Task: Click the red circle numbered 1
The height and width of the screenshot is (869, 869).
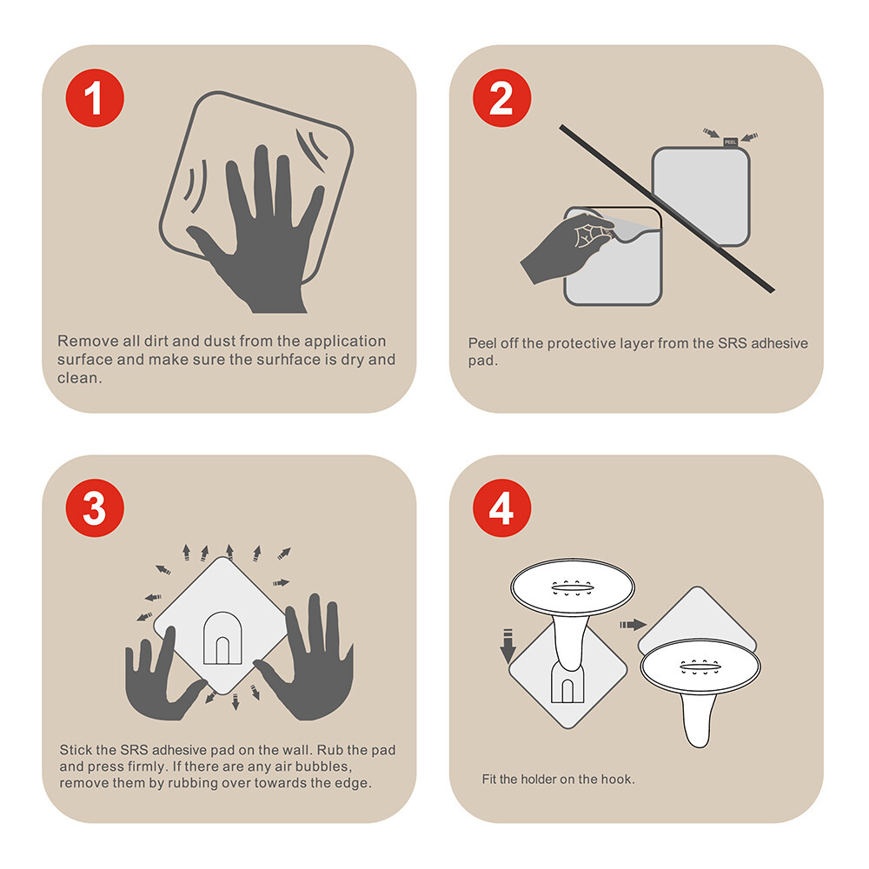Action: tap(95, 98)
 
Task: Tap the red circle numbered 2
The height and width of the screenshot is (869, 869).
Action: tap(501, 98)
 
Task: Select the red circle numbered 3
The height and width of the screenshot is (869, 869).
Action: tap(95, 507)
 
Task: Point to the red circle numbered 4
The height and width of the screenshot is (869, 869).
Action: tap(501, 507)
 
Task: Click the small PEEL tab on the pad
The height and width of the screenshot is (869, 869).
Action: tap(731, 143)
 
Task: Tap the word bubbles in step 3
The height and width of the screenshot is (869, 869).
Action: tap(323, 766)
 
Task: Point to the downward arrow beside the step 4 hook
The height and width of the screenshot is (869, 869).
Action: tap(507, 646)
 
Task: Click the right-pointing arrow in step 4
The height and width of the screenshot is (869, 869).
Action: tap(633, 625)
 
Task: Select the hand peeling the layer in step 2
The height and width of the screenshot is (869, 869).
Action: tap(567, 247)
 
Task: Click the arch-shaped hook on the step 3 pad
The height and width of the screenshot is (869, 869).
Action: tap(222, 638)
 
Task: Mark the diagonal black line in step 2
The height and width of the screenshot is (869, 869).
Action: tap(667, 209)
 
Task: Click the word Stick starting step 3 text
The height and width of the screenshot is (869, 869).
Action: tap(74, 750)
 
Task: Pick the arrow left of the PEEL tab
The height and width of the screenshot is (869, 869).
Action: tap(711, 133)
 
